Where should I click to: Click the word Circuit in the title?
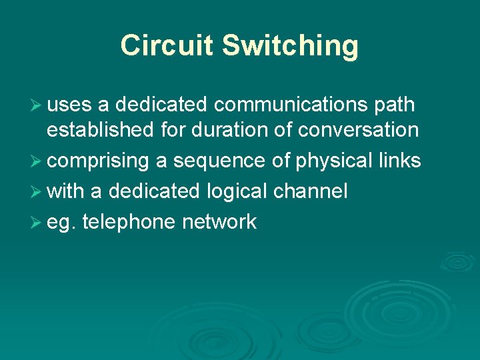pyautogui.click(x=167, y=45)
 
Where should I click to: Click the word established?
pyautogui.click(x=101, y=129)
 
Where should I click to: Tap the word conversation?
pyautogui.click(x=358, y=129)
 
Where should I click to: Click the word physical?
pyautogui.click(x=329, y=161)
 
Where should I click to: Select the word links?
pyautogui.click(x=399, y=161)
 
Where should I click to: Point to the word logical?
pyautogui.click(x=236, y=192)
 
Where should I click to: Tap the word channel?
pyautogui.click(x=310, y=191)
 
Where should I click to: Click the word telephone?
pyautogui.click(x=129, y=222)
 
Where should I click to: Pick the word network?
pyautogui.click(x=219, y=222)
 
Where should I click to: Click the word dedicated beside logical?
pyautogui.click(x=153, y=191)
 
